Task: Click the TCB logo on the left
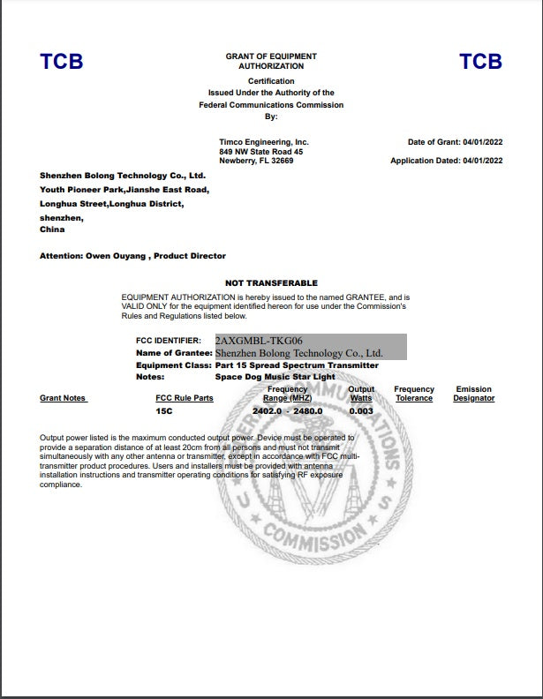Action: coord(61,62)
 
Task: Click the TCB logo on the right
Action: coord(480,62)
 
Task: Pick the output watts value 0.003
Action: coord(361,410)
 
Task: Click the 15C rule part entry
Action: coord(163,410)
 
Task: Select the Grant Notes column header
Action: coord(63,398)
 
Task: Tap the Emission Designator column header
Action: coord(474,394)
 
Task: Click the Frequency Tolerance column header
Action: coord(414,394)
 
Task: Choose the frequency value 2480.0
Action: coord(308,410)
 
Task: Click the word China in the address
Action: coord(52,229)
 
